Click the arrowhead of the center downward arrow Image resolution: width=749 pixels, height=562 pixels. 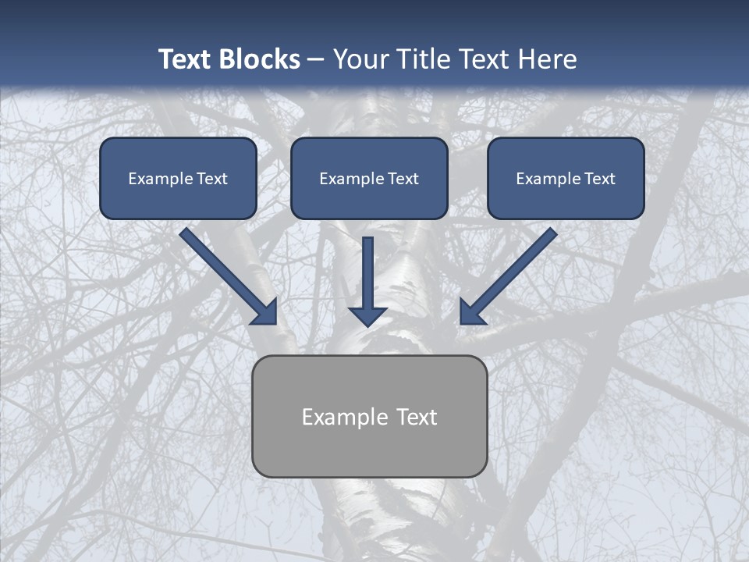pyautogui.click(x=367, y=316)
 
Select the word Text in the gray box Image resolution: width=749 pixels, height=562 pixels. pyautogui.click(x=417, y=417)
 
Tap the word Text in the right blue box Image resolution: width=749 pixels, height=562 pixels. pyautogui.click(x=600, y=179)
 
